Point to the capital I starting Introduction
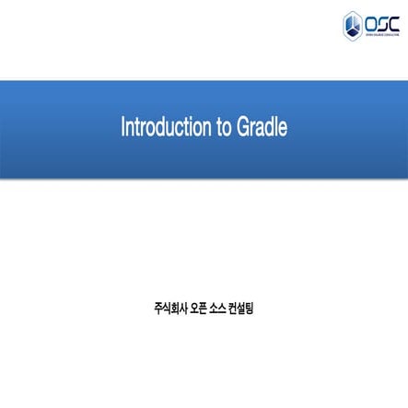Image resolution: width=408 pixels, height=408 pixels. [x=123, y=127]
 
